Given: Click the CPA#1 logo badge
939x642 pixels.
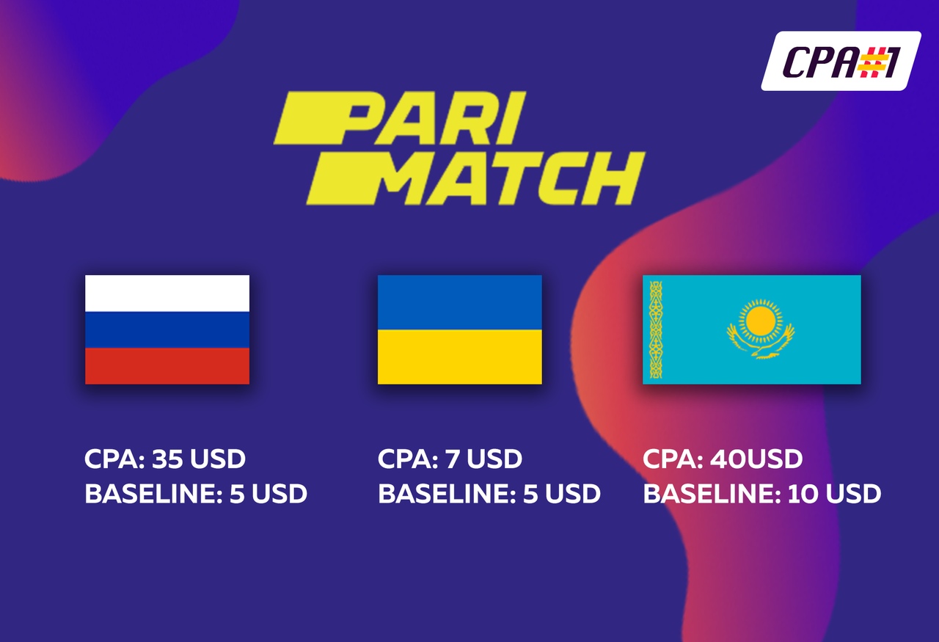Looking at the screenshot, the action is [x=841, y=61].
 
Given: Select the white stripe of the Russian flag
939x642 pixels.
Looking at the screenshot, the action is [x=167, y=293].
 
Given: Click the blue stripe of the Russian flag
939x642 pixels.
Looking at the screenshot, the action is [x=167, y=329].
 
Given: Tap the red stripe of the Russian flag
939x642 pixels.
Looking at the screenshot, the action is [x=167, y=365].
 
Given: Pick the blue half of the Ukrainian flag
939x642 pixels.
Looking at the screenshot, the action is [x=460, y=302].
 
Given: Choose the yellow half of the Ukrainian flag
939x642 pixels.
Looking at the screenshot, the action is [x=460, y=357].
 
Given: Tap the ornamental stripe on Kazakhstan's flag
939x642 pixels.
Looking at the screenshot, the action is [x=656, y=329].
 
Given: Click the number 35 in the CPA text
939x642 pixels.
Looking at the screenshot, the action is [x=167, y=459].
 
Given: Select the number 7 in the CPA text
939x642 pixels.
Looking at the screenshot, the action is [x=452, y=459].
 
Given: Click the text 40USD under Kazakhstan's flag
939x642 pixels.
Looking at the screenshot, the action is [x=756, y=459].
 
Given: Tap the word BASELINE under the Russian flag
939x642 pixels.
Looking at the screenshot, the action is [x=153, y=494].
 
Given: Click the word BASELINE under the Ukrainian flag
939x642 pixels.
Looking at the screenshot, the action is [x=447, y=494].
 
